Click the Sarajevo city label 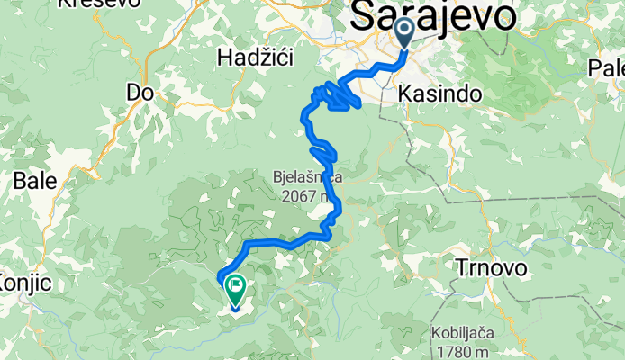click(x=433, y=16)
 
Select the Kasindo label click(x=438, y=93)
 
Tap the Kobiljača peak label click(x=469, y=331)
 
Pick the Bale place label click(x=34, y=180)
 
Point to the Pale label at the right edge click(x=606, y=67)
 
